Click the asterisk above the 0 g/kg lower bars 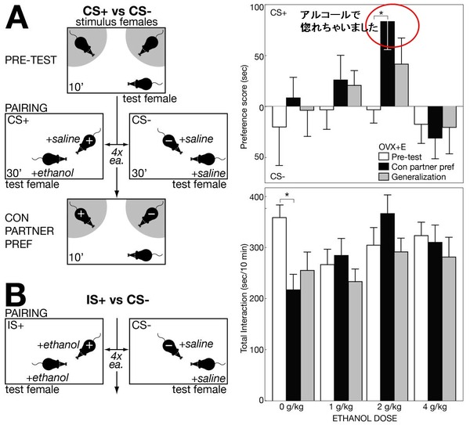pos(287,195)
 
